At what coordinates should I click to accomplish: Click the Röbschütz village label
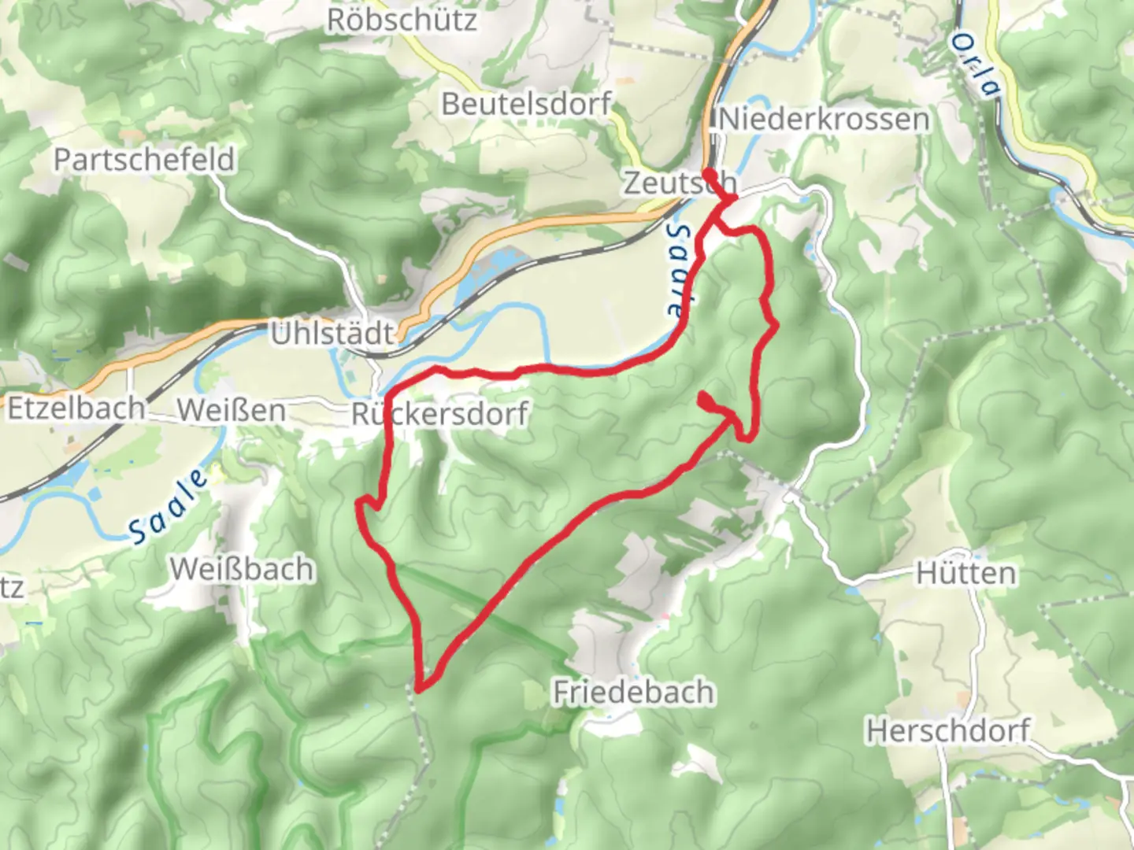(x=402, y=20)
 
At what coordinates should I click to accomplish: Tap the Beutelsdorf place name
(x=526, y=104)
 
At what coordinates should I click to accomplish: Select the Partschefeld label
(x=144, y=160)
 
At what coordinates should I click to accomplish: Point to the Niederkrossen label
(x=824, y=120)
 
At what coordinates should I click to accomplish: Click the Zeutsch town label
(x=679, y=183)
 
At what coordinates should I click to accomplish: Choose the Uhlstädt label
(x=332, y=334)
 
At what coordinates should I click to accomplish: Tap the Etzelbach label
(x=76, y=408)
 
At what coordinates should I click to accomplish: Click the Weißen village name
(x=231, y=410)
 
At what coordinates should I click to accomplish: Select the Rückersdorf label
(x=439, y=414)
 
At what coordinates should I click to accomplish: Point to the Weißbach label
(x=242, y=568)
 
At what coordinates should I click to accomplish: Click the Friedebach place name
(x=634, y=693)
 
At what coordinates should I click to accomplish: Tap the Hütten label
(x=965, y=573)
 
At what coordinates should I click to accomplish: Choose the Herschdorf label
(x=948, y=731)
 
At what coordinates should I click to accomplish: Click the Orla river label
(x=975, y=65)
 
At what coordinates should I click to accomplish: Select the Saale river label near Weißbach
(x=169, y=506)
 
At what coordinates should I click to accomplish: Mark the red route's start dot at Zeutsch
(x=709, y=174)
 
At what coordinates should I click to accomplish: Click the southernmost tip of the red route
(x=418, y=689)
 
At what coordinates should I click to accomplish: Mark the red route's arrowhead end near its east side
(x=703, y=398)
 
